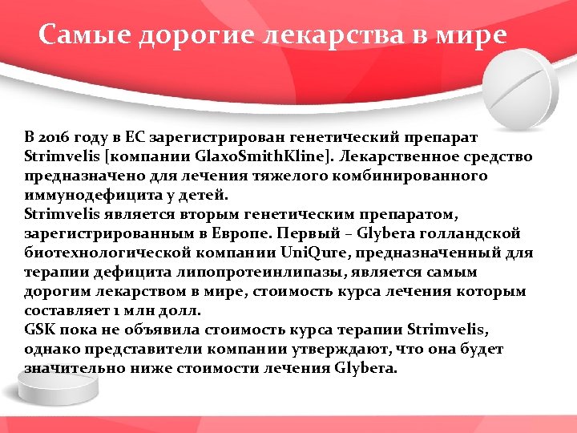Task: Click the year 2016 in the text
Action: click(54, 136)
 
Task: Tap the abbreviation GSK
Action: click(40, 329)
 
